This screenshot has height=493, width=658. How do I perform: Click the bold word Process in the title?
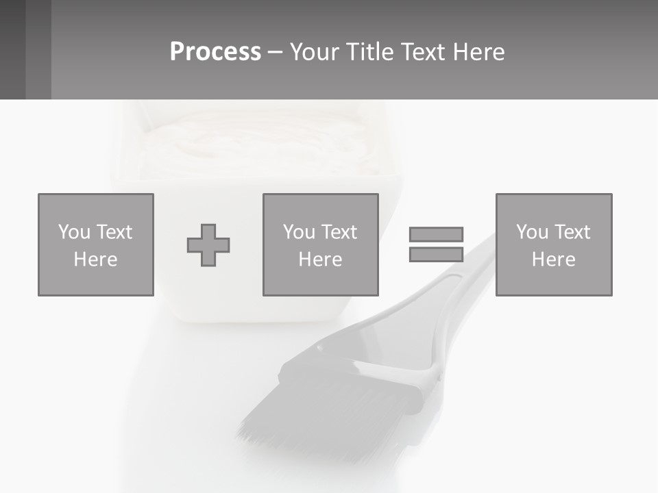pyautogui.click(x=215, y=52)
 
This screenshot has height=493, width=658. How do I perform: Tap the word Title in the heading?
pyautogui.click(x=365, y=52)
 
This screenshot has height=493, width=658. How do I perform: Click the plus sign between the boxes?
pyautogui.click(x=208, y=245)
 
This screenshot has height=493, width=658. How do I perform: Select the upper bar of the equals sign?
pyautogui.click(x=436, y=234)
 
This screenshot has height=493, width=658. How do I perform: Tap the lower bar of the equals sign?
pyautogui.click(x=436, y=255)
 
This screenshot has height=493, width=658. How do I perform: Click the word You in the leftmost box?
pyautogui.click(x=74, y=232)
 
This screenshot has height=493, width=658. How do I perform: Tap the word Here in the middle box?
pyautogui.click(x=320, y=260)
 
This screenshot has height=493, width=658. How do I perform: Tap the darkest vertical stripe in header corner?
pyautogui.click(x=12, y=49)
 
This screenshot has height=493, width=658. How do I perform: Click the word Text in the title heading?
pyautogui.click(x=421, y=52)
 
